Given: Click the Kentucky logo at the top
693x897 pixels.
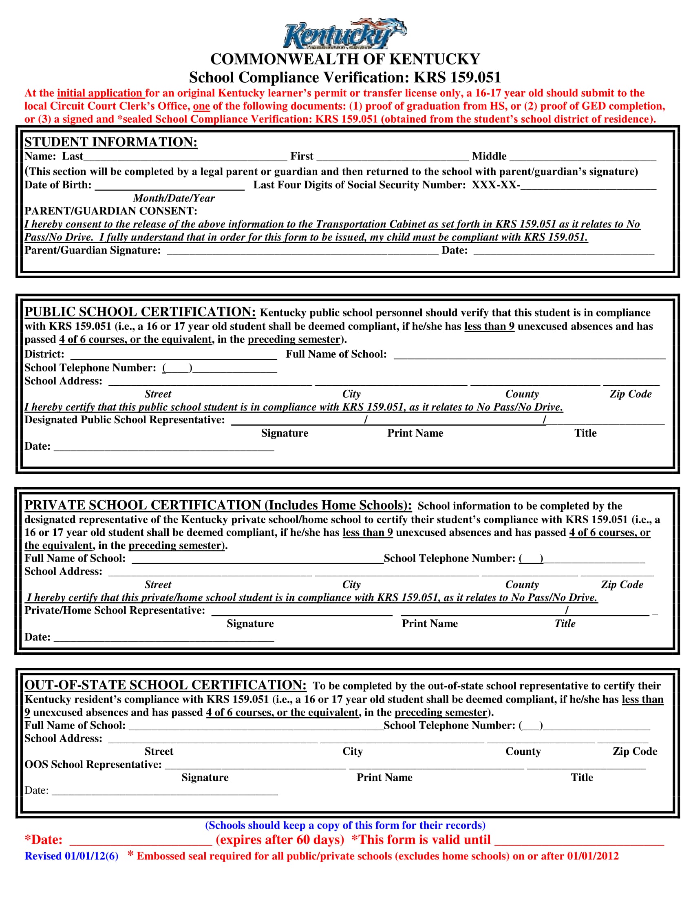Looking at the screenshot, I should pos(345,34).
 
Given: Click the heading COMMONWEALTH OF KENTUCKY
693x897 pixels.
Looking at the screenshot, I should pos(345,60).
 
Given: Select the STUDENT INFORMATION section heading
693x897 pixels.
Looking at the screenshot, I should pos(111,142).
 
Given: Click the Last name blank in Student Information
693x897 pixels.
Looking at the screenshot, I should pos(185,157).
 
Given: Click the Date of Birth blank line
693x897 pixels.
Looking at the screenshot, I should pos(170,186).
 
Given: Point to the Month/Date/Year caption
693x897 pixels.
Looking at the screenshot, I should pos(174,199).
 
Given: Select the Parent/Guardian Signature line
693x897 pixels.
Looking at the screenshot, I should pos(302,251).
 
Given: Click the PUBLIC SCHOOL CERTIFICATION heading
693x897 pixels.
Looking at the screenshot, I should pos(140,312).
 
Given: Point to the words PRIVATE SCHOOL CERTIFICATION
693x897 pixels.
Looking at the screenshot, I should pos(143,505).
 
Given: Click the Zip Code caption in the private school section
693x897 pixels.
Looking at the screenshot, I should pos(622,584).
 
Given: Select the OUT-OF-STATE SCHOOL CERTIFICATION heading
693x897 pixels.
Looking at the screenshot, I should pos(166,685).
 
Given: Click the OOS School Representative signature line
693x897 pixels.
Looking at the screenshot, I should pos(255,765).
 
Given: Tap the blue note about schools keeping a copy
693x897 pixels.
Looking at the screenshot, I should pos(345,825).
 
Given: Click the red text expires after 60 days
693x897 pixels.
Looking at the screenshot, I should pos(280,840).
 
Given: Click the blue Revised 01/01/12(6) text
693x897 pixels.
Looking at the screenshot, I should pos(71,856).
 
